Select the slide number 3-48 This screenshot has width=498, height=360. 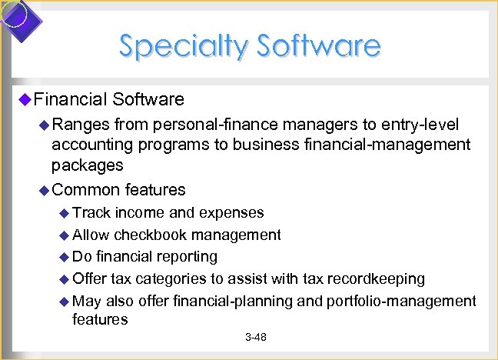[x=255, y=338]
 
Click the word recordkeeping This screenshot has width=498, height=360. [x=377, y=278]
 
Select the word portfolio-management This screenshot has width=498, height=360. [x=401, y=301]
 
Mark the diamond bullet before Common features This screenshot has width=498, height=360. [x=44, y=189]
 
